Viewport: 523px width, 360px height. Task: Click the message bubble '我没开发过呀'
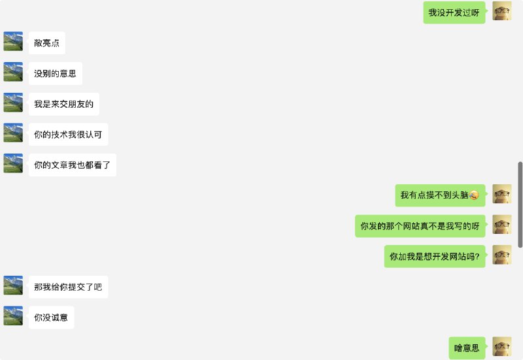click(x=453, y=12)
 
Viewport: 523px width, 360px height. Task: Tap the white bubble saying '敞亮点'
click(x=46, y=43)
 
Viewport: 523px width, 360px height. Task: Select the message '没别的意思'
click(x=55, y=74)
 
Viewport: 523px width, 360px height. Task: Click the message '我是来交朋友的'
click(x=63, y=104)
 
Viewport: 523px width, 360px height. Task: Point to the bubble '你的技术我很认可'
click(x=68, y=135)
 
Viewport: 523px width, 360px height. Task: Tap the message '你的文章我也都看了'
click(x=72, y=165)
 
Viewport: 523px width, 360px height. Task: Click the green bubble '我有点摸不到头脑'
click(x=439, y=195)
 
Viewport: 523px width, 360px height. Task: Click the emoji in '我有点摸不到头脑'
click(x=474, y=195)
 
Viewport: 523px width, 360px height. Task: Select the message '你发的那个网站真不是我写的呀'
click(x=420, y=226)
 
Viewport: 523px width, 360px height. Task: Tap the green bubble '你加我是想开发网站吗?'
click(x=434, y=256)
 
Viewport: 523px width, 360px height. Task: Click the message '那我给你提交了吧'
click(x=68, y=287)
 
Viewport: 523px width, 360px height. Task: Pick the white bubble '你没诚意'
click(x=51, y=318)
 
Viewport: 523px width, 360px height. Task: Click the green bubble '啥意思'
click(x=467, y=348)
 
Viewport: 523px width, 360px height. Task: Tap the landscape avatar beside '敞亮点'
click(x=13, y=41)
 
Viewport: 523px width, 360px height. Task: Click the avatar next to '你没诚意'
click(x=13, y=316)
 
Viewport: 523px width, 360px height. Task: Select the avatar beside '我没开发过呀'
click(x=501, y=11)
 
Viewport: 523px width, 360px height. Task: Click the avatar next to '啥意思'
click(x=501, y=346)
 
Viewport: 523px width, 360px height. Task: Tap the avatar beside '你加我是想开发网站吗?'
click(x=501, y=255)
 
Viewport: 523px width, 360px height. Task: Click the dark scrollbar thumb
click(x=520, y=204)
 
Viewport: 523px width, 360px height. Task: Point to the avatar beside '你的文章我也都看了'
click(x=13, y=163)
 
